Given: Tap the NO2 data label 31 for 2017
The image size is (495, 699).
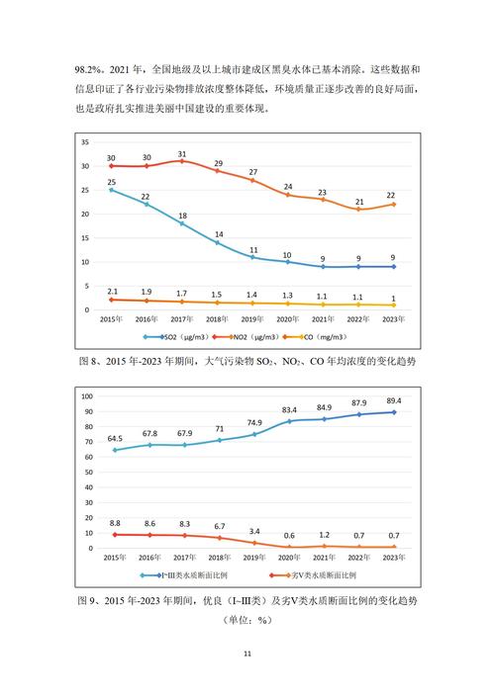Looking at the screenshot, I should (181, 153).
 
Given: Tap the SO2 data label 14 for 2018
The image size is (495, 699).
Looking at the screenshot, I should (217, 234).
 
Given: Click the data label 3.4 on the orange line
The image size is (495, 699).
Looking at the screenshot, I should (253, 531).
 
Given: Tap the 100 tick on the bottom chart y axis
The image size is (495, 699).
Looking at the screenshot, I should (86, 396).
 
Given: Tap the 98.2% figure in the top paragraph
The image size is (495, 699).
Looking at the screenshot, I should (92, 72).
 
